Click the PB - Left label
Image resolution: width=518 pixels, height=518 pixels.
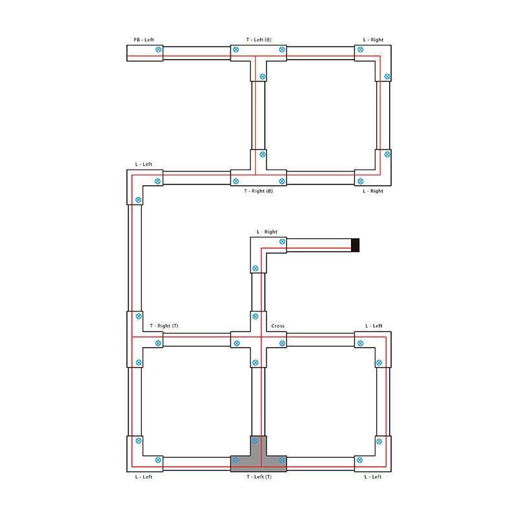pyautogui.click(x=144, y=39)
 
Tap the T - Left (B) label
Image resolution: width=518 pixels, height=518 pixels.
pyautogui.click(x=258, y=39)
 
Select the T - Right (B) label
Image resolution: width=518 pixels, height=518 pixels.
pyautogui.click(x=258, y=191)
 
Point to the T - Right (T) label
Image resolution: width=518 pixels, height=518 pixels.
pyautogui.click(x=164, y=326)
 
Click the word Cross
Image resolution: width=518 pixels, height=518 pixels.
pyautogui.click(x=278, y=326)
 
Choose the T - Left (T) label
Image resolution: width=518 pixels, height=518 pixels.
pyautogui.click(x=259, y=477)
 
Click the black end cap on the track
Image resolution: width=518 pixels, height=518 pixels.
pyautogui.click(x=355, y=245)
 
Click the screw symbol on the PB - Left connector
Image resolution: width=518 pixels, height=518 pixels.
pyautogui.click(x=158, y=50)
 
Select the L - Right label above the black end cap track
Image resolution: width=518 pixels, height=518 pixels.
pyautogui.click(x=267, y=232)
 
